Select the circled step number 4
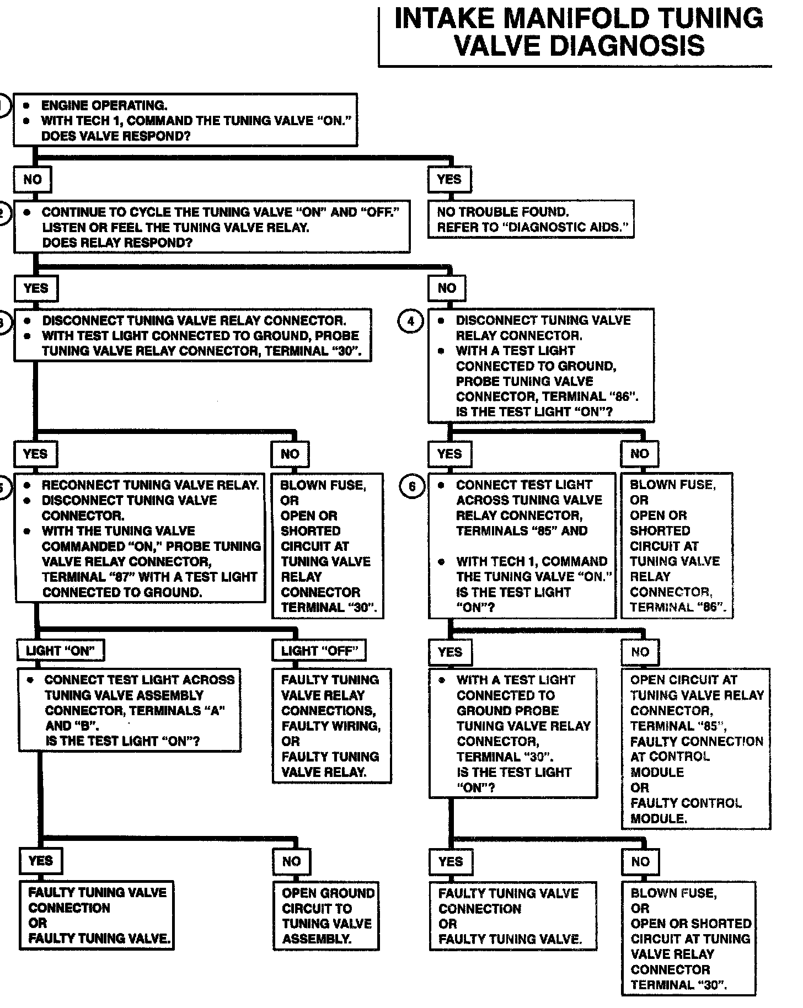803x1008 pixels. (410, 321)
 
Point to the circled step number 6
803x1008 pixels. (411, 486)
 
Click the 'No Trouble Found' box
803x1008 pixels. (531, 219)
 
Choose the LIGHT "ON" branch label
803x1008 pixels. (61, 651)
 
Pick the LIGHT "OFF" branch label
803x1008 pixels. (319, 651)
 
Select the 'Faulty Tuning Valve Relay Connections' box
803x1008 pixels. (331, 726)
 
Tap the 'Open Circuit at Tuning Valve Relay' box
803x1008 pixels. (695, 749)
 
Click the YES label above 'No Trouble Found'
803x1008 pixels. (449, 179)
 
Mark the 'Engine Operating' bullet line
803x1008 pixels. (104, 105)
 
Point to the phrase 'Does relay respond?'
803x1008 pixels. (117, 243)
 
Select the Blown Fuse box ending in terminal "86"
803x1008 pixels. (677, 545)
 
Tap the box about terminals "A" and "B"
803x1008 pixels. (130, 710)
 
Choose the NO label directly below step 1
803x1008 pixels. (33, 179)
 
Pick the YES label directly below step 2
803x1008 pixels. (36, 288)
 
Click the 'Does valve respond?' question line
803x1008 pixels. (116, 136)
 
